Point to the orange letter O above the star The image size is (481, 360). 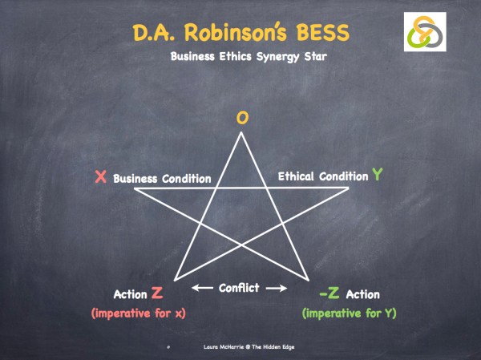click(241, 119)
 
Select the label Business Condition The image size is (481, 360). click(162, 179)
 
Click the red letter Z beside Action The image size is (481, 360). click(157, 294)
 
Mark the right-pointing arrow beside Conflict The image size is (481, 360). click(275, 288)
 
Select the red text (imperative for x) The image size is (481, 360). click(139, 313)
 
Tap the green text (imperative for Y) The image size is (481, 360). click(349, 312)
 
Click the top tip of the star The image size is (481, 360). click(241, 133)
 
